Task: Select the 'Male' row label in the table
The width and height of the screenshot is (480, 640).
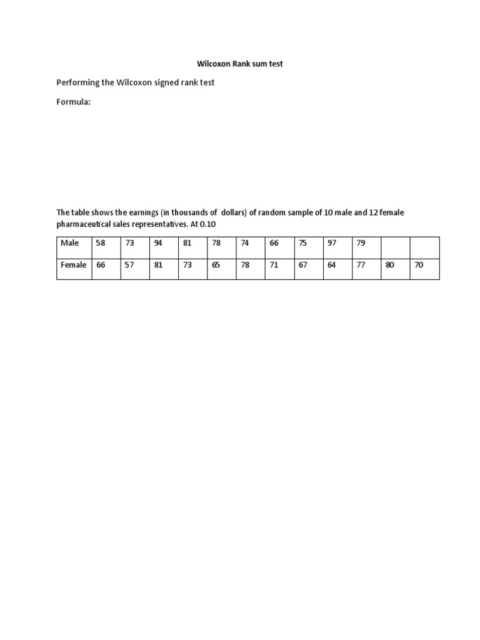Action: [x=69, y=243]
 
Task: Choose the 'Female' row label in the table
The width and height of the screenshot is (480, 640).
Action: [x=73, y=265]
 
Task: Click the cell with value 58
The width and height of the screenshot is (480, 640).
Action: [x=101, y=243]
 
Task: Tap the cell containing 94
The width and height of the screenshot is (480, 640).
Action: [x=158, y=243]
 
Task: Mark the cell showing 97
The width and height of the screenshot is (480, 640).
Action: [x=331, y=243]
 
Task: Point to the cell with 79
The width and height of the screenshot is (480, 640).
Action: [x=361, y=243]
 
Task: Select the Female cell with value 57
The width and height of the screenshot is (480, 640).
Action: [x=129, y=265]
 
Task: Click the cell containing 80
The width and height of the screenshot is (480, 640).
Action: [x=390, y=265]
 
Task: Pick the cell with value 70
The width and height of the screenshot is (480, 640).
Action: [x=419, y=265]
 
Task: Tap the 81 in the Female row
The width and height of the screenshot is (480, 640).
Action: [x=158, y=265]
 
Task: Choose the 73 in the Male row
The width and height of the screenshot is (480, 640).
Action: [x=129, y=243]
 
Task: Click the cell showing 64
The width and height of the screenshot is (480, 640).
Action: [x=331, y=265]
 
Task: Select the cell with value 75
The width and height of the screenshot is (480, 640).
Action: [x=302, y=243]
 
